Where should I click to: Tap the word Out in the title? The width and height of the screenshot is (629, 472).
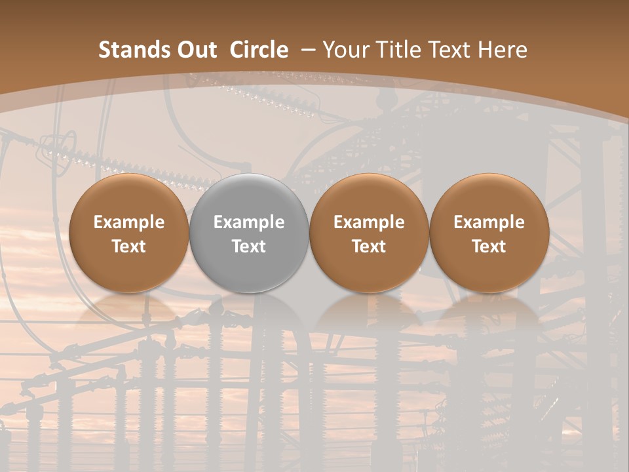196,50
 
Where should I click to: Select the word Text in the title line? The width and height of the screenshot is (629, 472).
452,50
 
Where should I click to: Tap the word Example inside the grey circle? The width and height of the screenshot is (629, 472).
249,222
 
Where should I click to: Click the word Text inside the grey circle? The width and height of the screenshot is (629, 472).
249,246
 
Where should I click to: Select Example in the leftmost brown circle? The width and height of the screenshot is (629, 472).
129,222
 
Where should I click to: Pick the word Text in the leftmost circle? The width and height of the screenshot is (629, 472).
129,246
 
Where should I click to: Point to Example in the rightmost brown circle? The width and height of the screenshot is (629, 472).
489,222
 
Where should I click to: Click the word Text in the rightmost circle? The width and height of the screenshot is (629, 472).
489,246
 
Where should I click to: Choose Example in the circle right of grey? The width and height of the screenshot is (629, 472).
369,222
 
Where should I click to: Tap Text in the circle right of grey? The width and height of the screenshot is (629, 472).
369,246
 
